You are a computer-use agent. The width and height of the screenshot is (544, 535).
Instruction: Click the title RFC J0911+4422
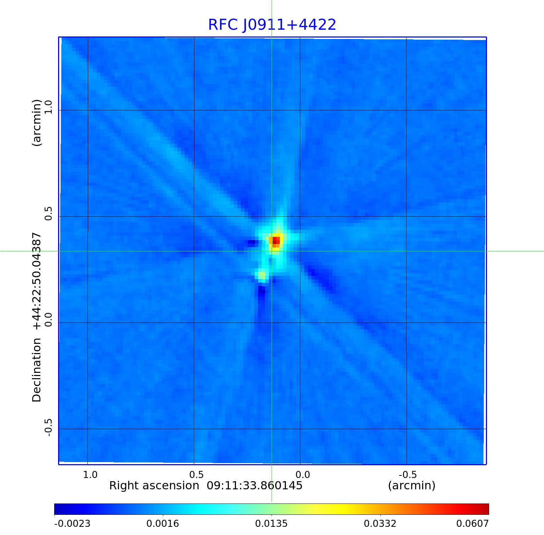point(272,25)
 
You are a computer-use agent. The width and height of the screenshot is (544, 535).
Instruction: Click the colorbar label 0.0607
point(472,523)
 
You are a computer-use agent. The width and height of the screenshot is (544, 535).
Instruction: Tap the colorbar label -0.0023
point(72,523)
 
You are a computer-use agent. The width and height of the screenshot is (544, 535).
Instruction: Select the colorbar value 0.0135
point(271,523)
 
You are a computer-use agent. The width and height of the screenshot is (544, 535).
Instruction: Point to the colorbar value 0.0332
point(380,523)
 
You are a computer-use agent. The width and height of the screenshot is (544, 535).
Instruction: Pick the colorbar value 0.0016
point(163,523)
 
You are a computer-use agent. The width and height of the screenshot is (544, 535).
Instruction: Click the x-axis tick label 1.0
point(90,474)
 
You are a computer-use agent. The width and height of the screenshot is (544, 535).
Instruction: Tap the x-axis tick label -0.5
point(407,474)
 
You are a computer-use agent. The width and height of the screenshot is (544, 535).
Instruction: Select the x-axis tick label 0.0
point(302,474)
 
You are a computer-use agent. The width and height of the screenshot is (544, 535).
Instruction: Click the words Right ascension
point(154,485)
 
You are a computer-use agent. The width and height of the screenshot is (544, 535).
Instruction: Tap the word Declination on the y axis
point(37,370)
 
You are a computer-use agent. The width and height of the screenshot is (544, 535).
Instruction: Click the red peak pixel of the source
point(276,240)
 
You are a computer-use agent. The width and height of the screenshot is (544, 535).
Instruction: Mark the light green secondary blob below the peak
point(262,275)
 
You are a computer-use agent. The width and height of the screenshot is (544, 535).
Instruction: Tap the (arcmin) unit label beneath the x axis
point(412,485)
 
